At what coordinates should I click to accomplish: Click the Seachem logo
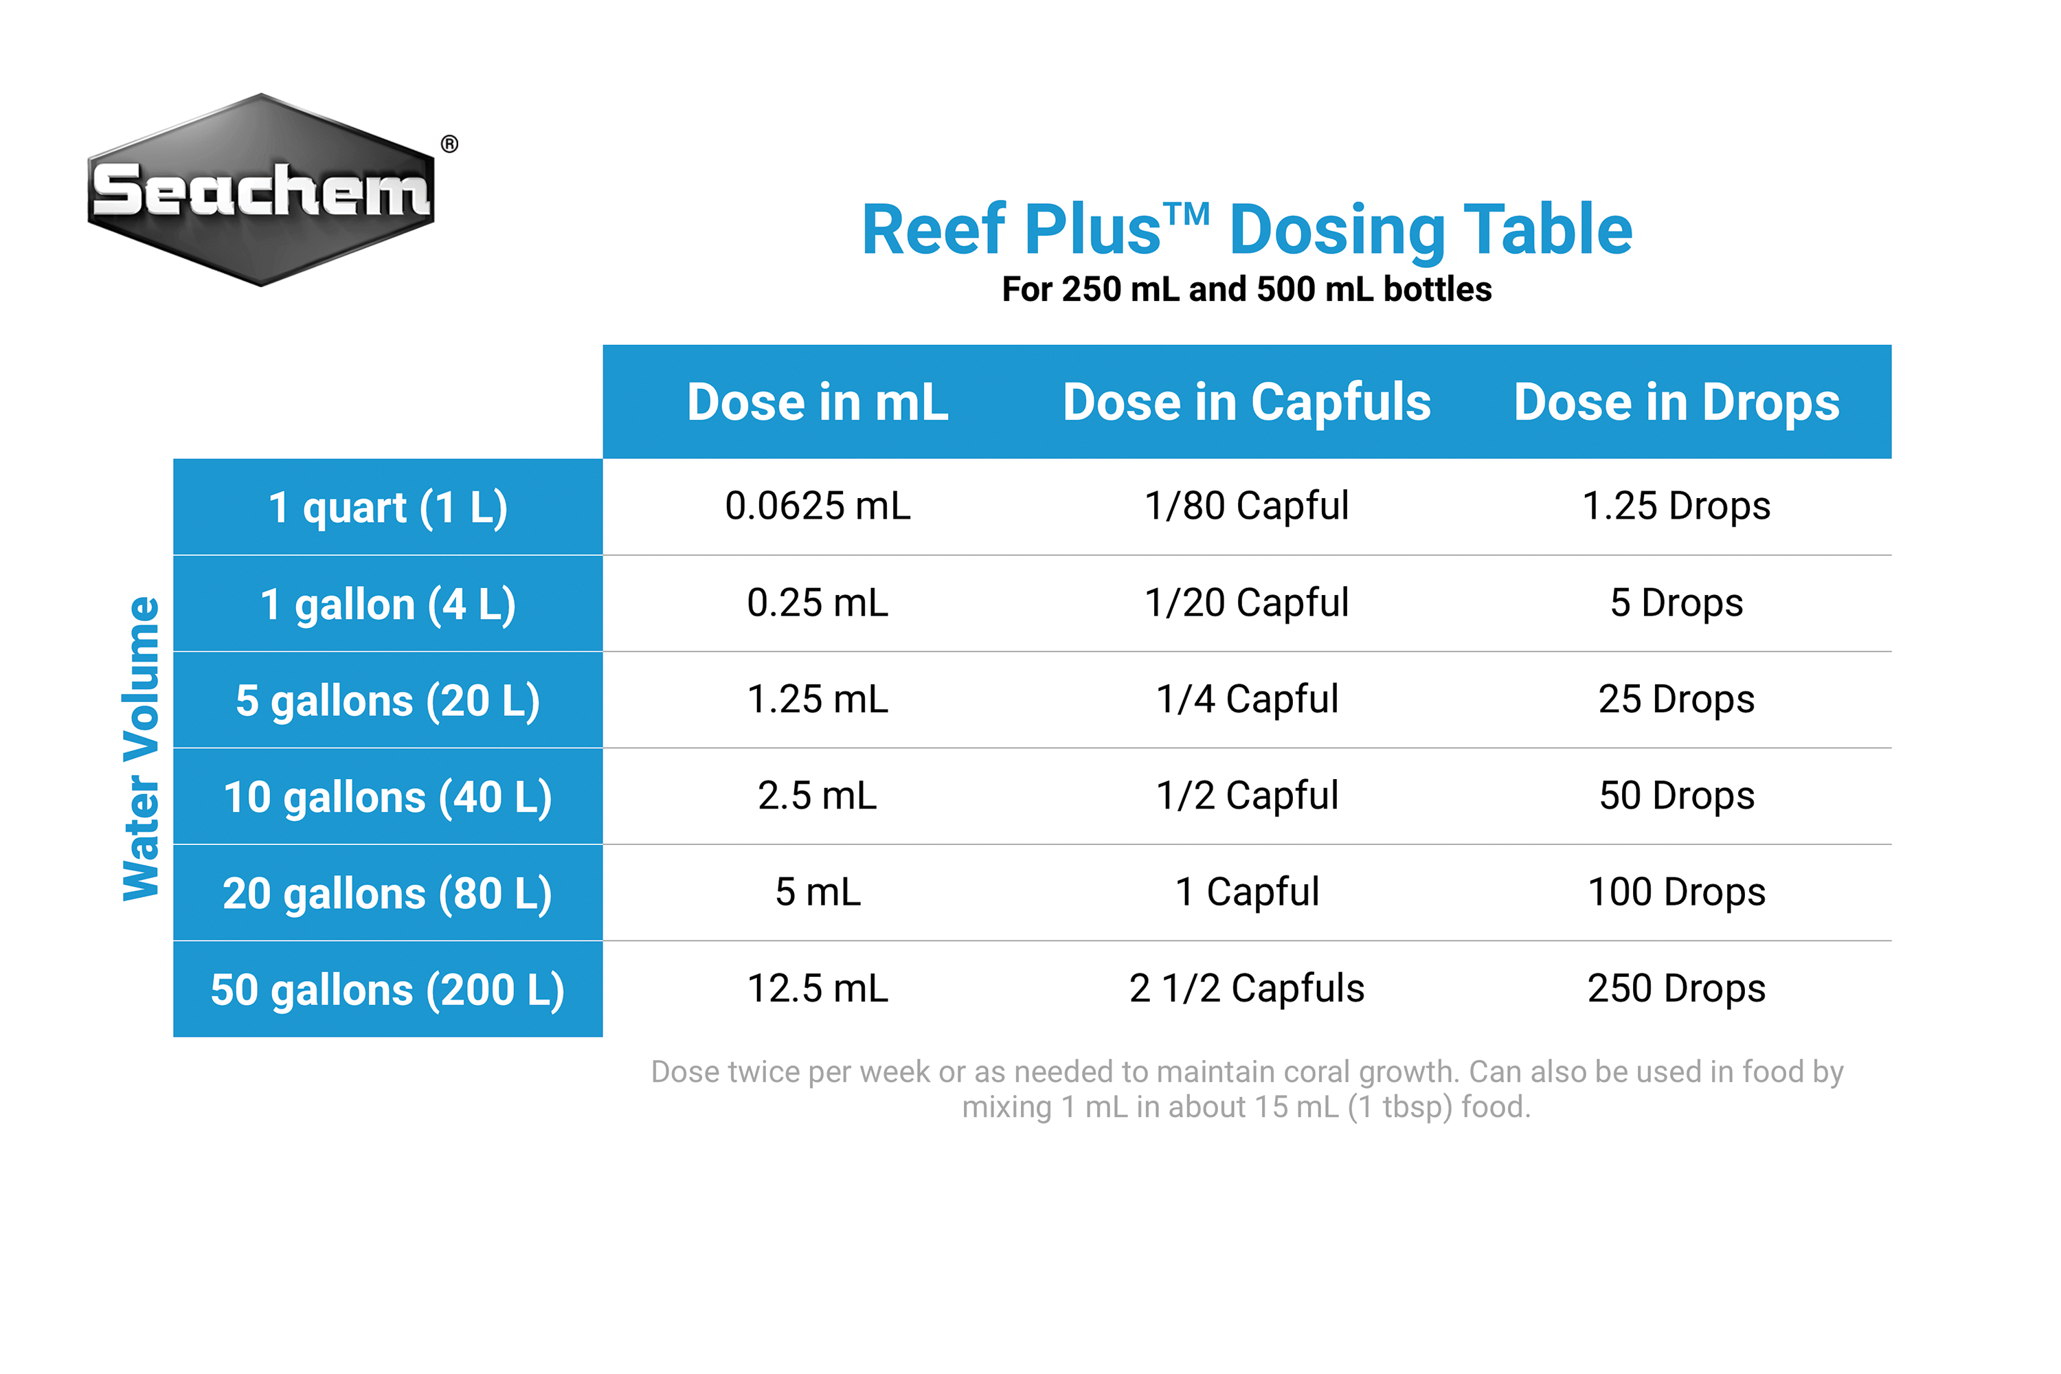pos(261,190)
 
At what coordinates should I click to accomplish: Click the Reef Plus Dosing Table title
pos(1246,229)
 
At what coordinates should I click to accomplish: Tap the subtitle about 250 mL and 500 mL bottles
pos(1246,289)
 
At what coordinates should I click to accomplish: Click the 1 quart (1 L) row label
pos(387,508)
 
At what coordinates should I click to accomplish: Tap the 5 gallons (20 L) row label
pos(387,700)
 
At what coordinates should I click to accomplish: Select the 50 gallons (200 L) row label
pos(387,989)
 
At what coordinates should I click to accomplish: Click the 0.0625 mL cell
pos(818,506)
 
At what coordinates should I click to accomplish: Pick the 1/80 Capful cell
pos(1246,506)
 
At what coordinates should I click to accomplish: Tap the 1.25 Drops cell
pos(1676,506)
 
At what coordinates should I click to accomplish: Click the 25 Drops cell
pos(1676,699)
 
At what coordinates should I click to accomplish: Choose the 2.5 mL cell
pos(818,796)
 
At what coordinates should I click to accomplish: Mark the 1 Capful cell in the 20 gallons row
pos(1246,892)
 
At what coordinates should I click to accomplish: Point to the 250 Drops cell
pos(1676,989)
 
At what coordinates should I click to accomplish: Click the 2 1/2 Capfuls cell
pos(1246,989)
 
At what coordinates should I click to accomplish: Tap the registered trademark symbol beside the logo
pos(449,144)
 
